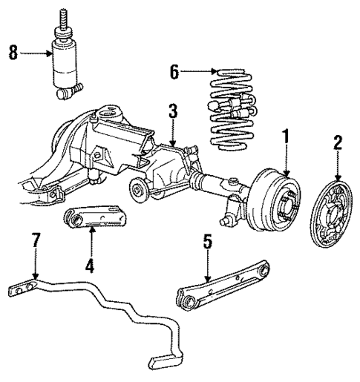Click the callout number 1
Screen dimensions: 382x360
click(x=284, y=137)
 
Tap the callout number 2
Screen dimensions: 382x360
click(x=337, y=143)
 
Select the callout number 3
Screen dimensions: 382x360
click(x=172, y=113)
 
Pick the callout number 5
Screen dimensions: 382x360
click(x=209, y=242)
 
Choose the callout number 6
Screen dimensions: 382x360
click(x=174, y=72)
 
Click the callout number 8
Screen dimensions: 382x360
click(x=12, y=53)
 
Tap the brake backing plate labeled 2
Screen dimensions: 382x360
click(x=333, y=220)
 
